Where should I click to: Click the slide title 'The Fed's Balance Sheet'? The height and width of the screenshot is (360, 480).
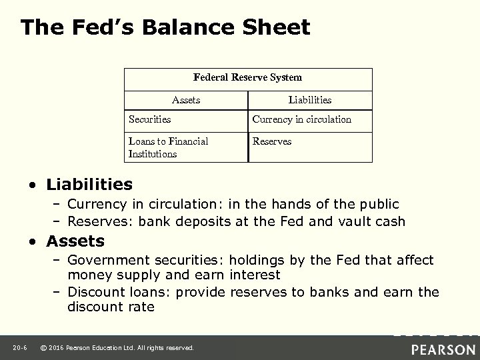point(165,27)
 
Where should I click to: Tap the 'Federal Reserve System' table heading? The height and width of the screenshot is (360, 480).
point(247,78)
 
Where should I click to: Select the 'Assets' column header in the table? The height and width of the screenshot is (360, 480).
point(186,100)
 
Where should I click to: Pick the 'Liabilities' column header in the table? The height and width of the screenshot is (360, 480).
point(309,100)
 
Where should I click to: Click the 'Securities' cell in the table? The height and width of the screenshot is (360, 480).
point(150,120)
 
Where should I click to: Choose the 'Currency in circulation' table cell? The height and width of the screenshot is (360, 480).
point(301,120)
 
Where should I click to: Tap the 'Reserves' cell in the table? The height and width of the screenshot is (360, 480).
point(271,141)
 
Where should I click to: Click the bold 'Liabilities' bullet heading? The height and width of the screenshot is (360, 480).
point(89,183)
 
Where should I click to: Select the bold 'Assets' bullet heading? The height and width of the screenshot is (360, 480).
point(75,241)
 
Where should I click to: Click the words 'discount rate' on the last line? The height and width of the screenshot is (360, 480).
point(111,307)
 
